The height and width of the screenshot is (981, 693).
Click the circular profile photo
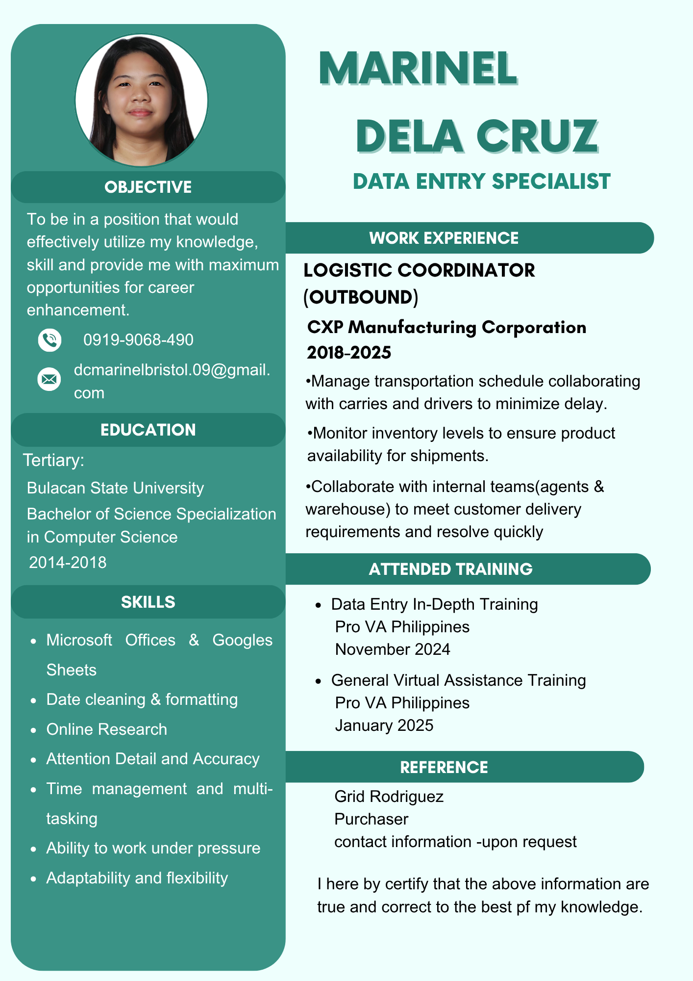pyautogui.click(x=141, y=100)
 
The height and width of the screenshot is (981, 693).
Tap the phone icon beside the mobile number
pyautogui.click(x=49, y=340)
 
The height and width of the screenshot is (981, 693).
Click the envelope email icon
pyautogui.click(x=49, y=380)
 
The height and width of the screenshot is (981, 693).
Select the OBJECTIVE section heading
pyautogui.click(x=148, y=187)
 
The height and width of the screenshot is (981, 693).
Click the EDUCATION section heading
pyautogui.click(x=148, y=430)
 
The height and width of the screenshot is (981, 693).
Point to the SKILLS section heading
pyautogui.click(x=148, y=602)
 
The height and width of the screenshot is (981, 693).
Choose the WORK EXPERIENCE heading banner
pyautogui.click(x=444, y=238)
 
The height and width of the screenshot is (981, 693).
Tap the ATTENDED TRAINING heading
pyautogui.click(x=450, y=569)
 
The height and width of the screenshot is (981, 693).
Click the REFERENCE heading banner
pyautogui.click(x=444, y=767)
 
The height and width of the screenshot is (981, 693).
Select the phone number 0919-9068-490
pyautogui.click(x=138, y=340)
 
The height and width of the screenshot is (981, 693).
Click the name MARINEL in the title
pyautogui.click(x=418, y=69)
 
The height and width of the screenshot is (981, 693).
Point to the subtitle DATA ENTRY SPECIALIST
pyautogui.click(x=481, y=181)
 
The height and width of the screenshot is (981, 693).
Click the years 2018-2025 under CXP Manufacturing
pyautogui.click(x=349, y=353)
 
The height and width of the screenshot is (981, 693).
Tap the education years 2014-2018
pyautogui.click(x=68, y=563)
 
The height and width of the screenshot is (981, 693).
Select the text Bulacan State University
pyautogui.click(x=115, y=488)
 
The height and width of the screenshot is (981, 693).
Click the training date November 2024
pyautogui.click(x=393, y=649)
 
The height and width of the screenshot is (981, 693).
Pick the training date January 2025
pyautogui.click(x=384, y=725)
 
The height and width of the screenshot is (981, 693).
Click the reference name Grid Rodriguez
pyautogui.click(x=389, y=797)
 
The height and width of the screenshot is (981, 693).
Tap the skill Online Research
pyautogui.click(x=107, y=729)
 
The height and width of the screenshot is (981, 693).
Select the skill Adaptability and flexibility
pyautogui.click(x=137, y=878)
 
